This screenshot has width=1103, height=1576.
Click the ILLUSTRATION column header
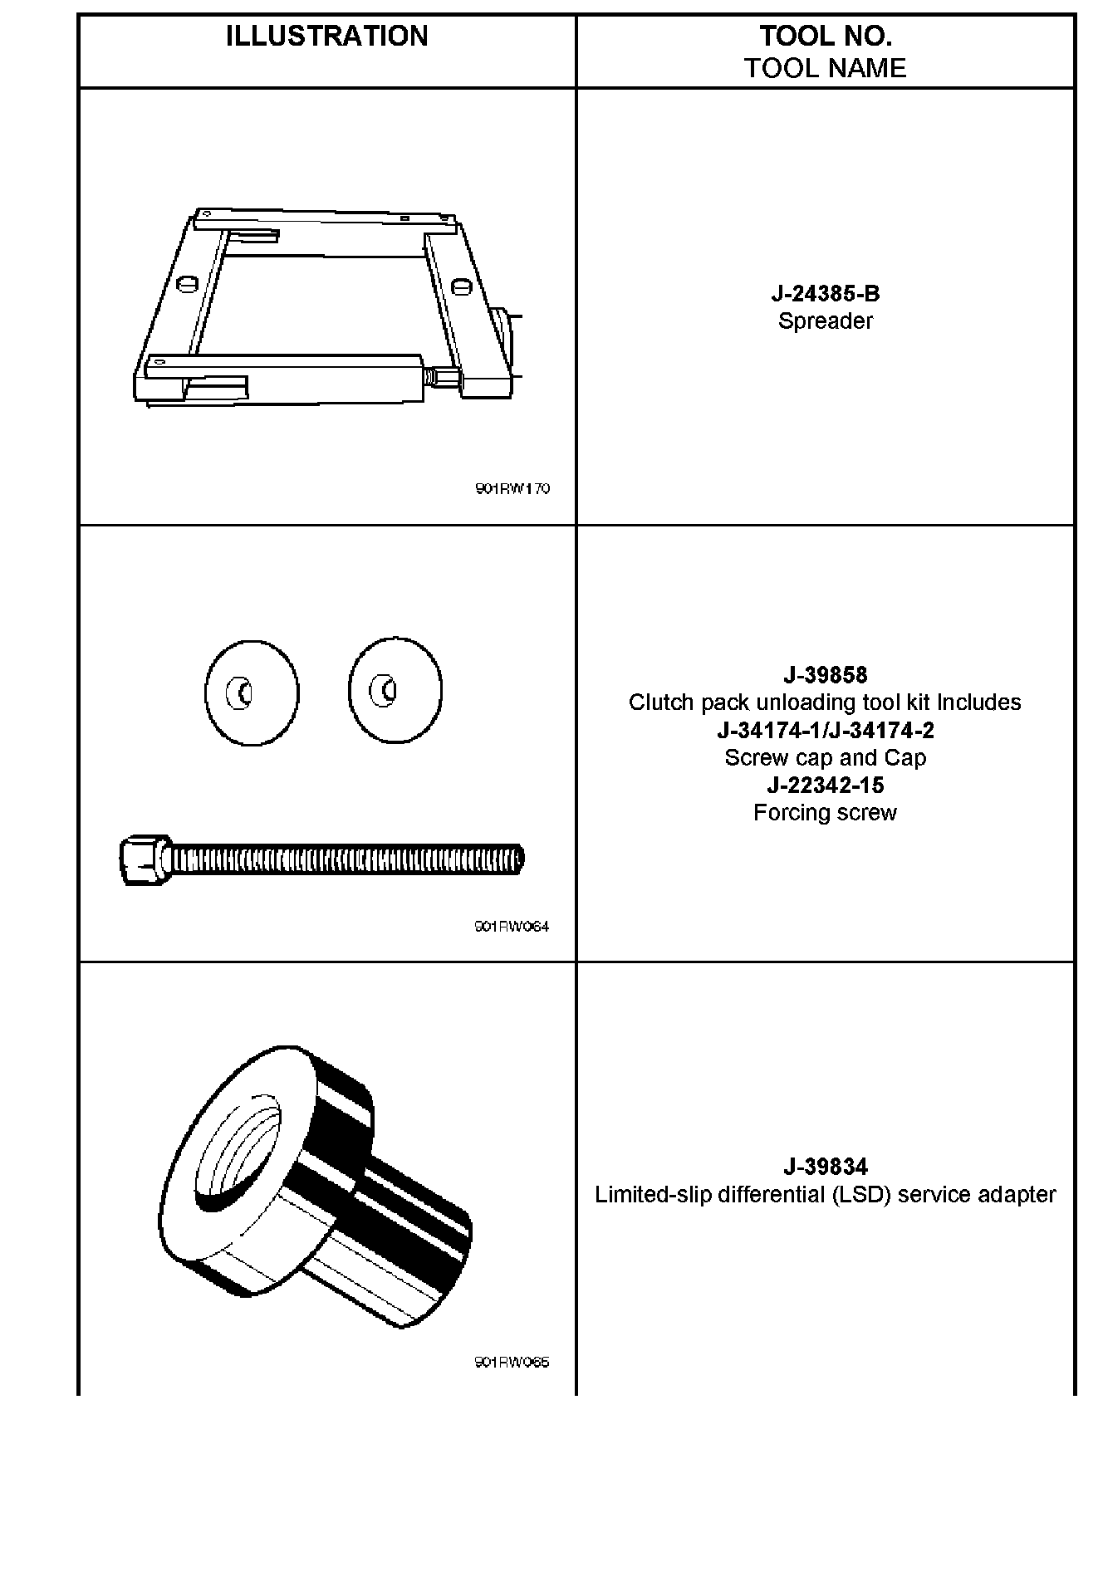point(326,37)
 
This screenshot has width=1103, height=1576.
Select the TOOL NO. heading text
point(825,37)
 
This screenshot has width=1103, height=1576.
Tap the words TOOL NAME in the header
point(825,68)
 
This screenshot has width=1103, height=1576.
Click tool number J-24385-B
point(825,294)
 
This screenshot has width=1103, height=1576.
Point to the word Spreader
point(825,321)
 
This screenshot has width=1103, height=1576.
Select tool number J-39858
point(825,675)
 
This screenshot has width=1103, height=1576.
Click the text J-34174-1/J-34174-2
point(825,731)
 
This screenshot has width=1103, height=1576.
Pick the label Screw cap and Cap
point(825,758)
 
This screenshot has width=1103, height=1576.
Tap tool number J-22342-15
point(825,786)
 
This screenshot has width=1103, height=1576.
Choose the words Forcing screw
point(825,813)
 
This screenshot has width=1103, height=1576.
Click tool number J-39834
point(825,1167)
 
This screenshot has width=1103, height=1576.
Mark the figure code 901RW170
point(512,489)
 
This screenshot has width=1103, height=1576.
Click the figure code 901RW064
point(512,927)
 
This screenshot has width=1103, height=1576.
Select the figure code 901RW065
point(512,1363)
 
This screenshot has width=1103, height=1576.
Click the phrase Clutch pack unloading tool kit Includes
point(825,702)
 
